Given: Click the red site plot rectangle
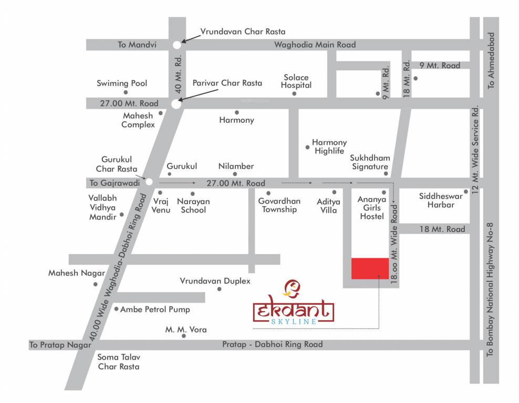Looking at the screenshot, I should pos(370,268).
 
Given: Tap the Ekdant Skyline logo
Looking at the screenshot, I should pos(293,304).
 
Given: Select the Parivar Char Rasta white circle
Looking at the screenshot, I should pos(177,104).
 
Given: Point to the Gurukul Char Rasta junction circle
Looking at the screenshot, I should pos(149,182).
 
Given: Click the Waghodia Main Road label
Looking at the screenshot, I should pos(315,45).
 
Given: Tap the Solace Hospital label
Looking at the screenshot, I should pos(296,81).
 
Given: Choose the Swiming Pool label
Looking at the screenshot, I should pos(122,83).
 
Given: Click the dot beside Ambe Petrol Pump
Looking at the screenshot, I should pos(116,309).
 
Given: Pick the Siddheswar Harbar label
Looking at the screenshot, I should pos(441,200).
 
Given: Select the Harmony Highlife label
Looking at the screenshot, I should pos(329,146).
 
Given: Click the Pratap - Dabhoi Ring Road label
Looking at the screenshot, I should pos(272,345).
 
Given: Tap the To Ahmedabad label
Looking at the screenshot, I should pos(491,60).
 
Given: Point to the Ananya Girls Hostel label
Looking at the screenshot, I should pos(372,208).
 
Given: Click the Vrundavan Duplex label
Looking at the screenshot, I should pos(215,281).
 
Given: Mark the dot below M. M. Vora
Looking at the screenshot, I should pos(184,336).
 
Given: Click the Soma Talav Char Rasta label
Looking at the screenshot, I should pos(119,362).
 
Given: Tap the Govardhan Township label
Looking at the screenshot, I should pos(279,205).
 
